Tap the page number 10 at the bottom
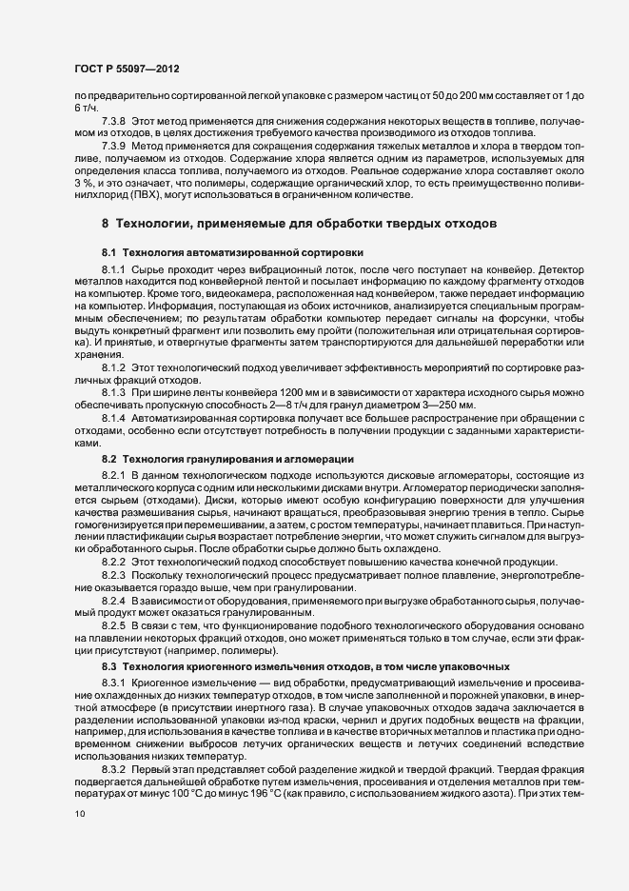click(79, 814)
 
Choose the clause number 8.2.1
click(115, 474)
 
